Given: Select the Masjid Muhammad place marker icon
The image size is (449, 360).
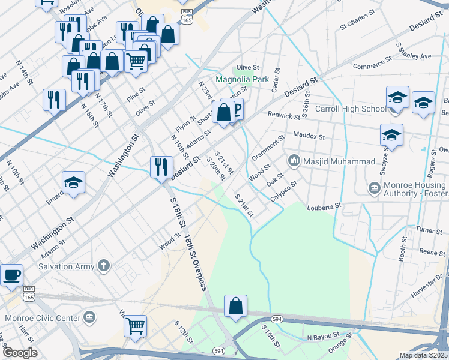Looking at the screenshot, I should tap(294, 161).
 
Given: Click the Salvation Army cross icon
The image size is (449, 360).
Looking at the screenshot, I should tap(103, 265).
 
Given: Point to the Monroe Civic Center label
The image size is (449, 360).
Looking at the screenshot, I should tap(43, 317).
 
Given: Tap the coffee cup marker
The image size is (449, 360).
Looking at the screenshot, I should tap(11, 275).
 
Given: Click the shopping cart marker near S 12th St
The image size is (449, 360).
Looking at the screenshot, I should tap(136, 326).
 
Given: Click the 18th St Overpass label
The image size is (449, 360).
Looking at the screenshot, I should tap(196, 262).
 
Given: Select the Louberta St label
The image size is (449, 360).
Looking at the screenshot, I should tap(324, 206).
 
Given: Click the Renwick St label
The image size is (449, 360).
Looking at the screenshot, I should tap(284, 116).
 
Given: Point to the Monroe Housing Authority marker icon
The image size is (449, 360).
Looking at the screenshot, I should tap(373, 189).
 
